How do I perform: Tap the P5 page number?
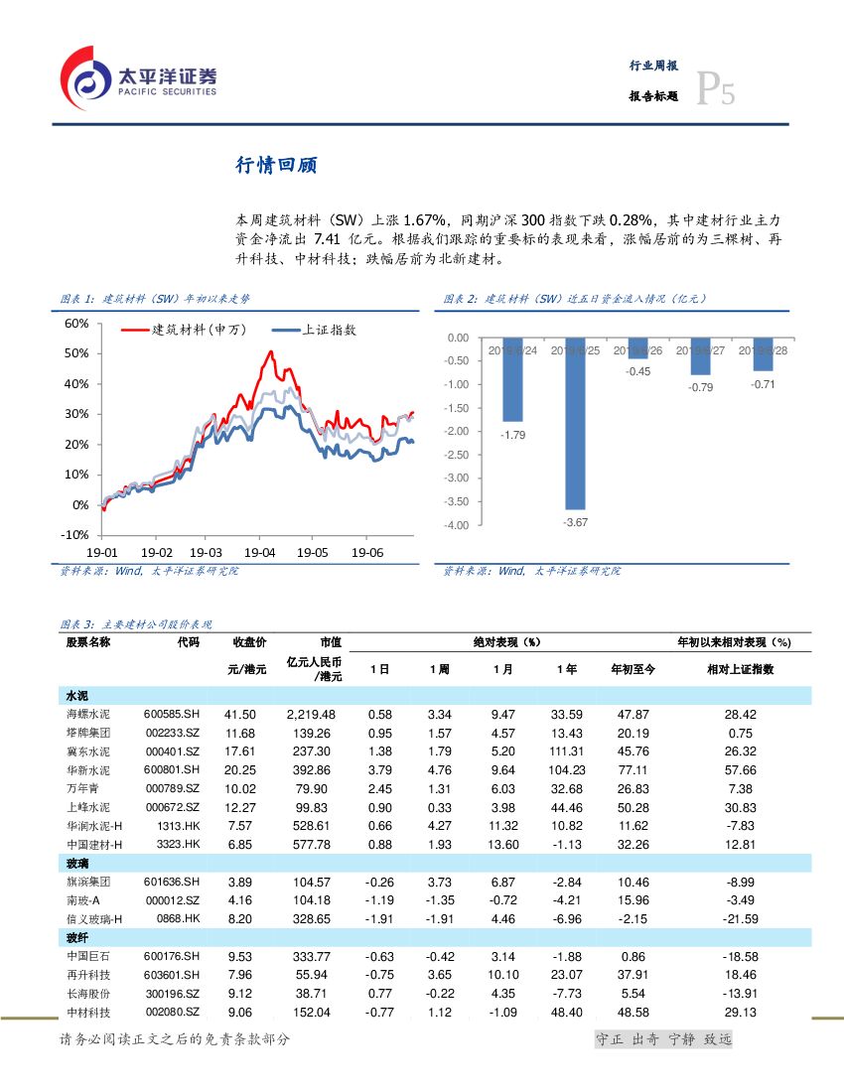(x=714, y=90)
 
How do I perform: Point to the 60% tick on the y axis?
(x=76, y=324)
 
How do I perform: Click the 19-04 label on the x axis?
(x=259, y=552)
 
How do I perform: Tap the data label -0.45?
(x=638, y=371)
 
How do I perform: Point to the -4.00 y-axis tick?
(x=456, y=525)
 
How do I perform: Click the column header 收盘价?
(x=249, y=642)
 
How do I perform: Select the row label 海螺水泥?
(x=87, y=715)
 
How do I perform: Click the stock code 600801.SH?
(x=171, y=770)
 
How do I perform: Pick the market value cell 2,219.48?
(x=311, y=715)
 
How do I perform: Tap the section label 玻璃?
(x=77, y=864)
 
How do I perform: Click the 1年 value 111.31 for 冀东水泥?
(x=566, y=751)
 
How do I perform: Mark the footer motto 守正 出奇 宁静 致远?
(x=662, y=1039)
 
